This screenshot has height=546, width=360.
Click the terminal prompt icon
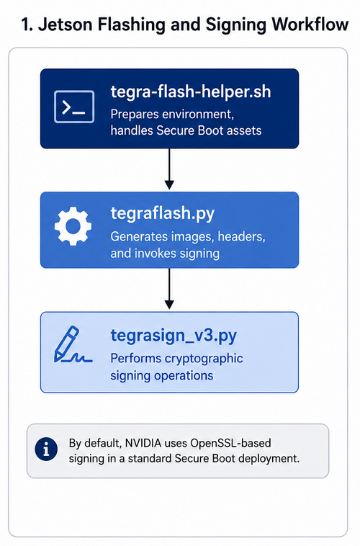pos(74,107)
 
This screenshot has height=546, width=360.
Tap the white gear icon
pos(73,226)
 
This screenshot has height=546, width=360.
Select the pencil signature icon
pos(73,344)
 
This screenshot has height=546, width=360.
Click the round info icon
pos(46,449)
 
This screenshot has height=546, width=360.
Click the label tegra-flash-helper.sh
pos(191,92)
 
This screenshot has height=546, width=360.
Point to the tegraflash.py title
pos(163,213)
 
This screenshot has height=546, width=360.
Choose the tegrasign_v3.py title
pos(174,336)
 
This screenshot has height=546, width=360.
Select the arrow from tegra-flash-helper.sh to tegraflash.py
pos(169,169)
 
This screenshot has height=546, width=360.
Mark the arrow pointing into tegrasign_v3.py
pos(169,289)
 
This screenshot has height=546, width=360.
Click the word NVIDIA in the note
pos(143,443)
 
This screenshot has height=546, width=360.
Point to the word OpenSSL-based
pos(230,443)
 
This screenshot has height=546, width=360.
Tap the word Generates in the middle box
pos(139,237)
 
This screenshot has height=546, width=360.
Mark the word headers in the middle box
pos(241,237)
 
